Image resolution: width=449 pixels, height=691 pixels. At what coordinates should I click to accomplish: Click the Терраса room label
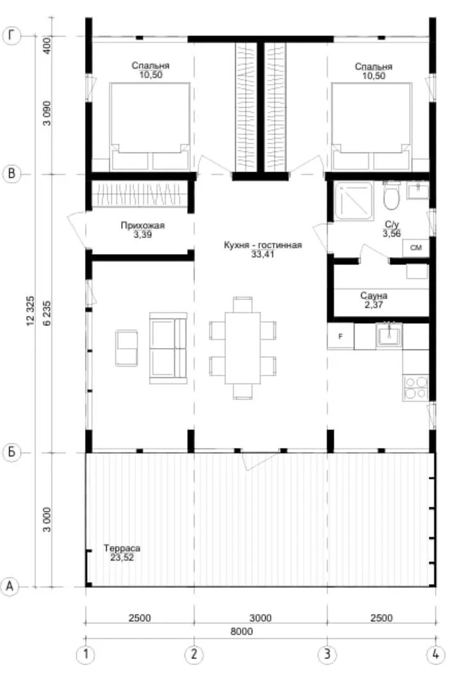[x=122, y=548]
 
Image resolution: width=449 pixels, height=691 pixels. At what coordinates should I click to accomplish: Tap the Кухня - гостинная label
[x=263, y=245]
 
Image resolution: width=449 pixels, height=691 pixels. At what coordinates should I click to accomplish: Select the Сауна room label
[x=373, y=295]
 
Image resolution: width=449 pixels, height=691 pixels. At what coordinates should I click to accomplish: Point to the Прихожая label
[x=142, y=225]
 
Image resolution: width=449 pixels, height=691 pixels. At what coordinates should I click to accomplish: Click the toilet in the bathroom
[x=391, y=195]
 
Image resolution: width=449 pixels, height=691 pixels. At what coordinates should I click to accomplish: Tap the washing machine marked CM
[x=416, y=248]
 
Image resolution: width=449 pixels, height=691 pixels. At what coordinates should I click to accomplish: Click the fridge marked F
[x=340, y=337]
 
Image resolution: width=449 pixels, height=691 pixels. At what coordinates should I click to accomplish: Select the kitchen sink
[x=389, y=335]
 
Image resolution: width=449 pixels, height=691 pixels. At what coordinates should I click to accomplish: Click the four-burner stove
[x=416, y=388]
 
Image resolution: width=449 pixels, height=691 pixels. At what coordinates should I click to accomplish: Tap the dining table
[x=243, y=348]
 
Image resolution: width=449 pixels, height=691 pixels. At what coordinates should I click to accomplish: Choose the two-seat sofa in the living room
[x=168, y=348]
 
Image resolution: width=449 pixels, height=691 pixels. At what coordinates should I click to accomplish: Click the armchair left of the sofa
[x=127, y=348]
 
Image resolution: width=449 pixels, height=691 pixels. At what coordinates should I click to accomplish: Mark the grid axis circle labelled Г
[x=12, y=36]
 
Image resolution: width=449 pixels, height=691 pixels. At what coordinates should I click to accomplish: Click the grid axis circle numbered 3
[x=327, y=654]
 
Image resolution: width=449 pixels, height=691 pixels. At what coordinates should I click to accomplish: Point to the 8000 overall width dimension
[x=241, y=631]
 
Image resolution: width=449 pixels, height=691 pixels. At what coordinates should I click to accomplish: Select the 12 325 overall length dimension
[x=31, y=311]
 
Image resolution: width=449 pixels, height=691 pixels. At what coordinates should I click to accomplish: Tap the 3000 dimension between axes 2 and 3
[x=261, y=618]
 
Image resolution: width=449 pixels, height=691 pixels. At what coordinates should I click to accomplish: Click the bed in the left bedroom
[x=150, y=127]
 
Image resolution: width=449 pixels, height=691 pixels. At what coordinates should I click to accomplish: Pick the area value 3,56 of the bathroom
[x=391, y=234]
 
